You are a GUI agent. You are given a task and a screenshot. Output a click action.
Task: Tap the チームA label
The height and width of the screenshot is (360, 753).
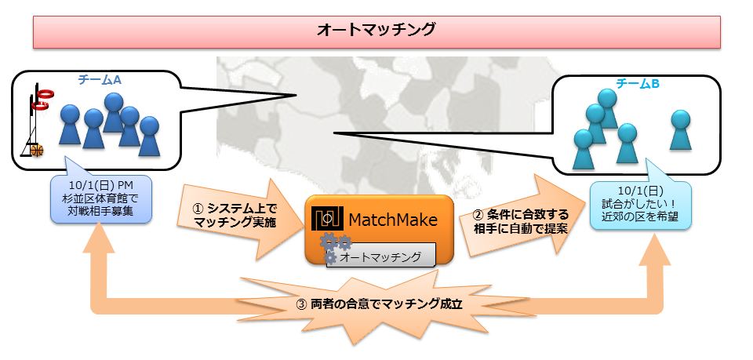100,79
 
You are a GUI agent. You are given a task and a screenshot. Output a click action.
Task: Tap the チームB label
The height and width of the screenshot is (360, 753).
637,84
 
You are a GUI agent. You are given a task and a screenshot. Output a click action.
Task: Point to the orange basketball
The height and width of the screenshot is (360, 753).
36,149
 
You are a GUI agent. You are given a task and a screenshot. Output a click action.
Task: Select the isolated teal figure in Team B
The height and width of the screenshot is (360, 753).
680,129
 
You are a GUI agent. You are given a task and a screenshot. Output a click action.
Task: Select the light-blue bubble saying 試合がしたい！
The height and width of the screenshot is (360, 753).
640,205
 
